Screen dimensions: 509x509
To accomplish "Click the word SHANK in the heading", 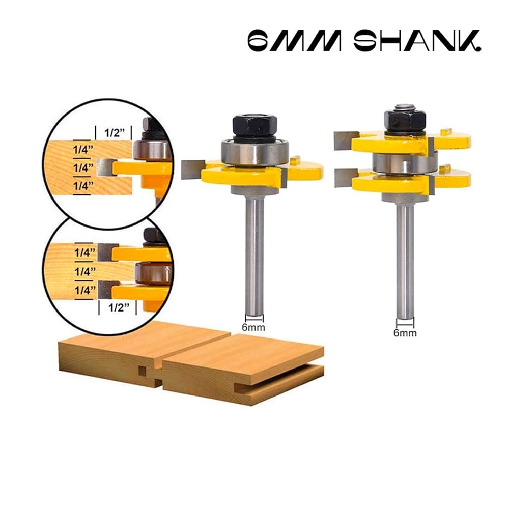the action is click(x=417, y=41).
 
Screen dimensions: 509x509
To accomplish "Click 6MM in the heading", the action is click(x=295, y=41).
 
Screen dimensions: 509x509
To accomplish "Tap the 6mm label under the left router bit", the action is click(x=253, y=327).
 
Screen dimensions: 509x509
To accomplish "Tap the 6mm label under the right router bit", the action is click(x=405, y=333).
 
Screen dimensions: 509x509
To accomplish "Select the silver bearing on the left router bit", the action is click(x=254, y=153).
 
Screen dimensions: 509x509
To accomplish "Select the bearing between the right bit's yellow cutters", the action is click(x=405, y=163).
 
